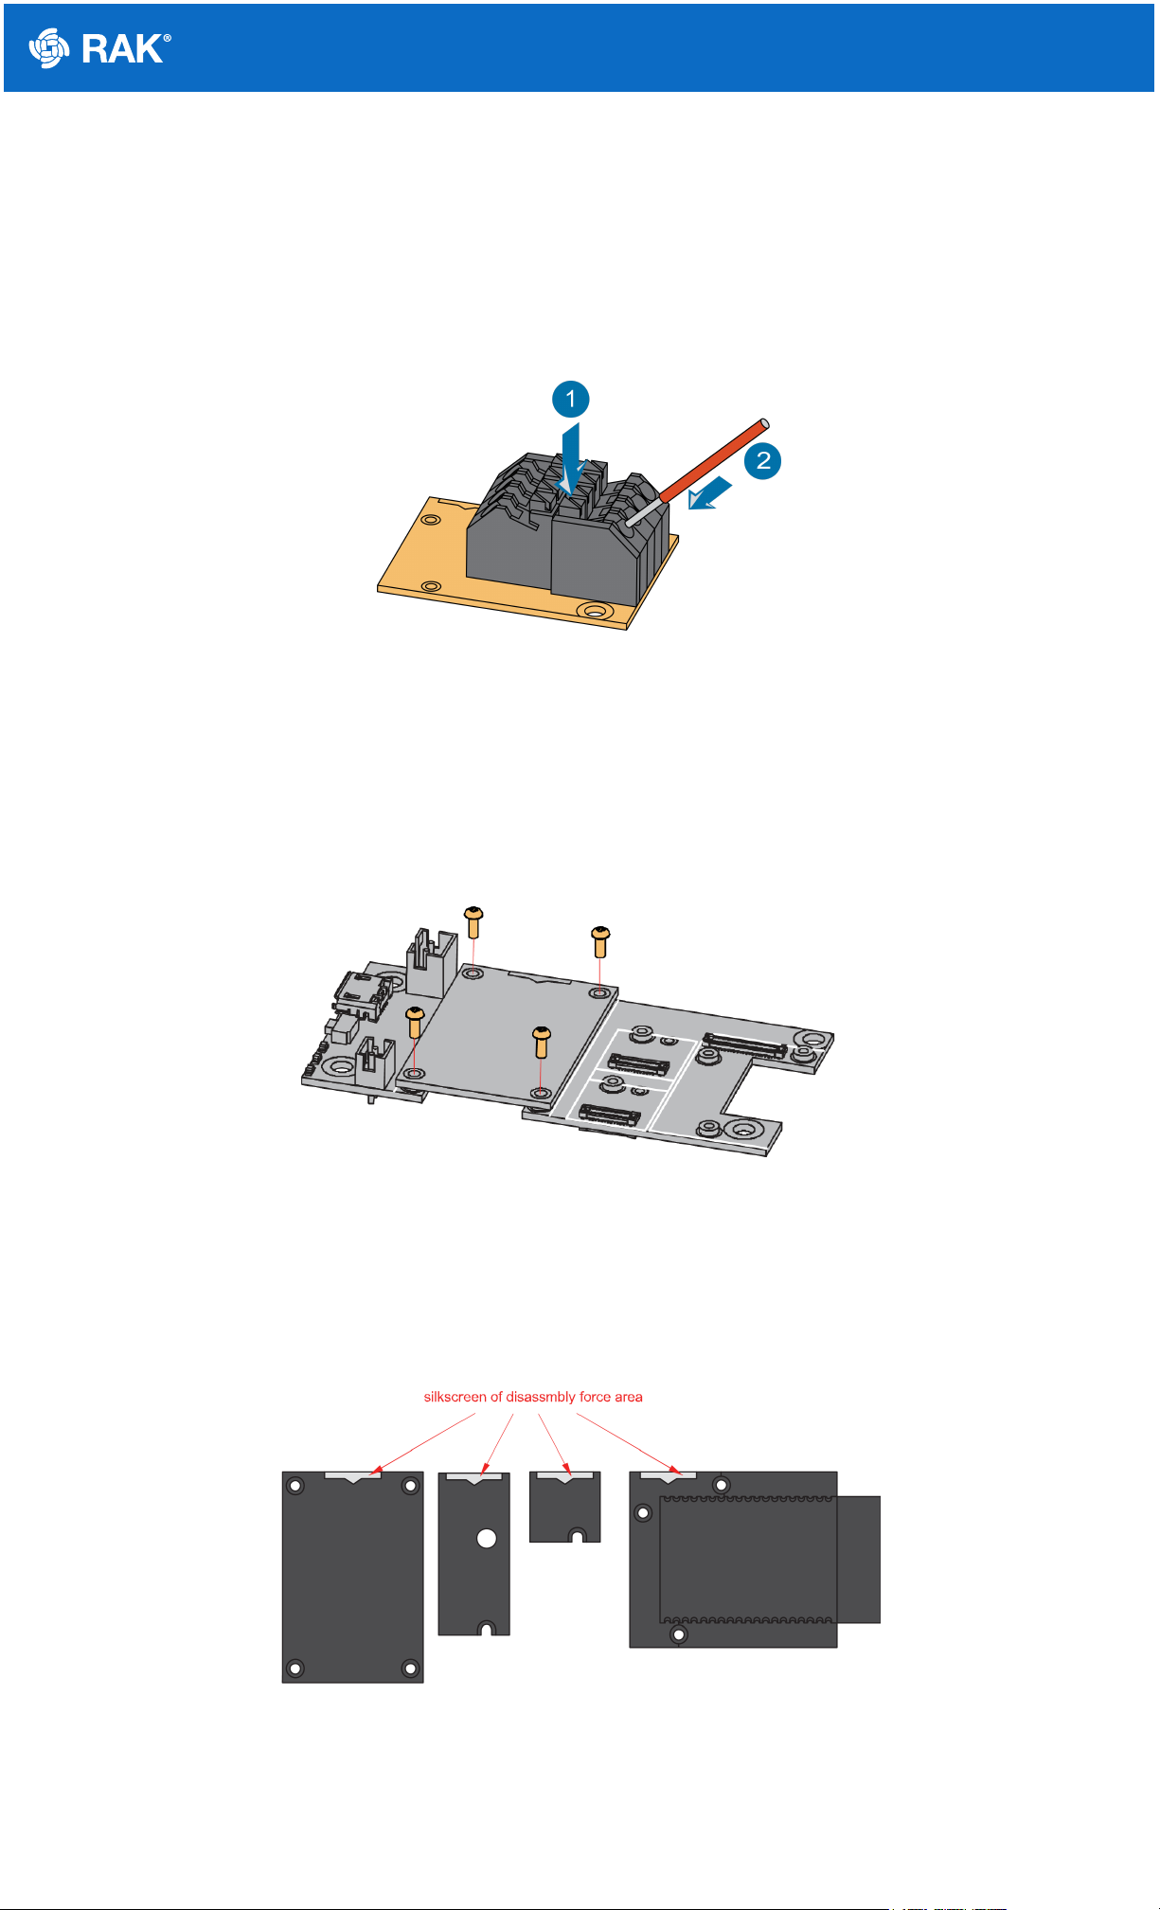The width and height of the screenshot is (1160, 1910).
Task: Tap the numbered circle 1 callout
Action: [570, 399]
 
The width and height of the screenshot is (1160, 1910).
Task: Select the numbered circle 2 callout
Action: [762, 461]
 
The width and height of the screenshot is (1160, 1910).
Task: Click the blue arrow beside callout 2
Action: [710, 493]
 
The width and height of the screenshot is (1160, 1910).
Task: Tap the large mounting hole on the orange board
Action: [594, 611]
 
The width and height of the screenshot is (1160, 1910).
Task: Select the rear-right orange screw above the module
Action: [600, 941]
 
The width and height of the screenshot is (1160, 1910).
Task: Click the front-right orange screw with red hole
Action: [541, 1042]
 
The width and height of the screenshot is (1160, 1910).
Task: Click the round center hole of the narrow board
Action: [487, 1538]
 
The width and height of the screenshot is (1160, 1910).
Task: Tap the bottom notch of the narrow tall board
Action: [486, 1628]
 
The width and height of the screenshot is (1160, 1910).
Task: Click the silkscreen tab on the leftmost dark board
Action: [352, 1475]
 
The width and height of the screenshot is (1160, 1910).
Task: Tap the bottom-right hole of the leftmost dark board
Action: [410, 1668]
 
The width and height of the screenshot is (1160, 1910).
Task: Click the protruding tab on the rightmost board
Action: [859, 1559]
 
